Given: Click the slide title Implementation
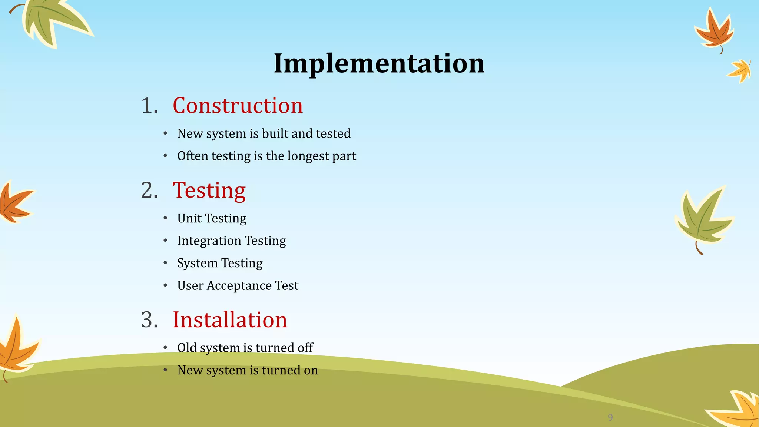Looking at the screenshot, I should click(379, 63).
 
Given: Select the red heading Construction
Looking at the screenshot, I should click(238, 106).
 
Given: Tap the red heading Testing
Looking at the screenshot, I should click(209, 191).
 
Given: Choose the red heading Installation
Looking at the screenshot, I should click(230, 320).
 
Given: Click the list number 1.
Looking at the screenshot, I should click(149, 106).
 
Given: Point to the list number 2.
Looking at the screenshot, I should click(149, 191).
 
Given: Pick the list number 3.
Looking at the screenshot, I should click(149, 320).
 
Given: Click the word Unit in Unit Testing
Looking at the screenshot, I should click(189, 218).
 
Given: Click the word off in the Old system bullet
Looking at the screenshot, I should click(305, 348).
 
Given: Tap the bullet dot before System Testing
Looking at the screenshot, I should click(166, 263).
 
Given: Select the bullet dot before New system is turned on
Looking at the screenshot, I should click(166, 370).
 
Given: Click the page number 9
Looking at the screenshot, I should click(610, 418).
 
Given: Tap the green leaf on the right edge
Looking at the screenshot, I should click(703, 219).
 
